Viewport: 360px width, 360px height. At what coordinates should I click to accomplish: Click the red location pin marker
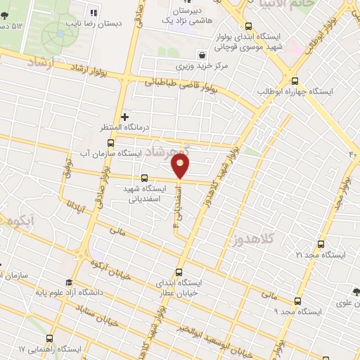coord(181,166)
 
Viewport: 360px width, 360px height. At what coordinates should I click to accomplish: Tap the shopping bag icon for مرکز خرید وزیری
coord(202,53)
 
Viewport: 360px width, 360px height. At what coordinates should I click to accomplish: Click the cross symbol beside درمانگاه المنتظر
coord(125,117)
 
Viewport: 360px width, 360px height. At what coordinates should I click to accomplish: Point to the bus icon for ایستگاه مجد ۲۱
coord(321,243)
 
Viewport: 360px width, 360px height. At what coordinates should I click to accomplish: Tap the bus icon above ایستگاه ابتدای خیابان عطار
coord(178,271)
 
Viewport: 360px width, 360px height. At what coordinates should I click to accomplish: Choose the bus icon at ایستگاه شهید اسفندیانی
coord(145,178)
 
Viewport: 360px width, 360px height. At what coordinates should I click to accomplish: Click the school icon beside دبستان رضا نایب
coord(91,11)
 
